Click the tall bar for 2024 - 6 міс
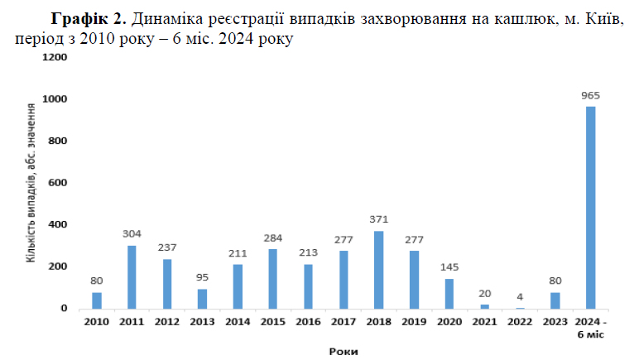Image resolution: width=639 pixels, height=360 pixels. pos(590,208)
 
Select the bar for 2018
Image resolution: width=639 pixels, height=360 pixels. pos(379,270)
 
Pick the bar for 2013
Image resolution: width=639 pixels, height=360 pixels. pos(202,299)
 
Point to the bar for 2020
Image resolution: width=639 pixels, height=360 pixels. pos(449,294)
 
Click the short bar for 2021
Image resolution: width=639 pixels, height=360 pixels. pos(484,306)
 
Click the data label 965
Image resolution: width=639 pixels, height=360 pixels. pos(590,95)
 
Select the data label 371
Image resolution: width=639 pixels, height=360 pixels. pos(379,219)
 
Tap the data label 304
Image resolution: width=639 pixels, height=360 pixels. pos(132,233)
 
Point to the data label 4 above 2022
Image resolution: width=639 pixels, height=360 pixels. pos(520,297)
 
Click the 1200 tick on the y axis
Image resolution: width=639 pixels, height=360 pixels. pos(54,57)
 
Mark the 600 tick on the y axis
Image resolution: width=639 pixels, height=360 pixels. pos(56,183)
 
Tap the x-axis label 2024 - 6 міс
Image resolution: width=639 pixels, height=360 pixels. pos(590,328)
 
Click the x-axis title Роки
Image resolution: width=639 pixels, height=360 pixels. pos(342,352)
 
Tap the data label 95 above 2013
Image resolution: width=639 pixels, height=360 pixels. pos(202,277)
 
